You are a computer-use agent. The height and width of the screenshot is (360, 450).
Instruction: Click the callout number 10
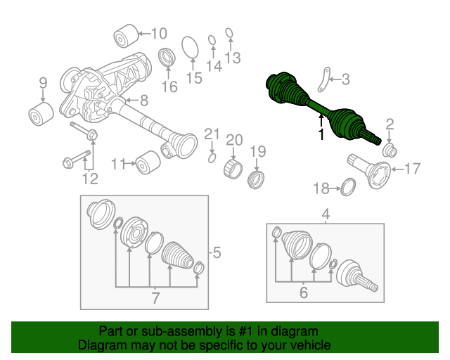(158, 32)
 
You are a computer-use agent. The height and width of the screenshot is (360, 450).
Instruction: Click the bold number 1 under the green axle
(321, 134)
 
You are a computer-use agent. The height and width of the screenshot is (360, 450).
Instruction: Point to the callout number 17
(412, 169)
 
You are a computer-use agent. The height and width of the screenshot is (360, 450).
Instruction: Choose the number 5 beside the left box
(217, 252)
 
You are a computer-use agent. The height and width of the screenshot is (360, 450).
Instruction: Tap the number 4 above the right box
(326, 214)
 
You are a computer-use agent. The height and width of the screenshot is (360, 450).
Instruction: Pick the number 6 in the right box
(303, 292)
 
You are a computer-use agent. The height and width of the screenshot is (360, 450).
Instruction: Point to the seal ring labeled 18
(347, 187)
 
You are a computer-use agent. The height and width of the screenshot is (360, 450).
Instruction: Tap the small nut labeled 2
(391, 150)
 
